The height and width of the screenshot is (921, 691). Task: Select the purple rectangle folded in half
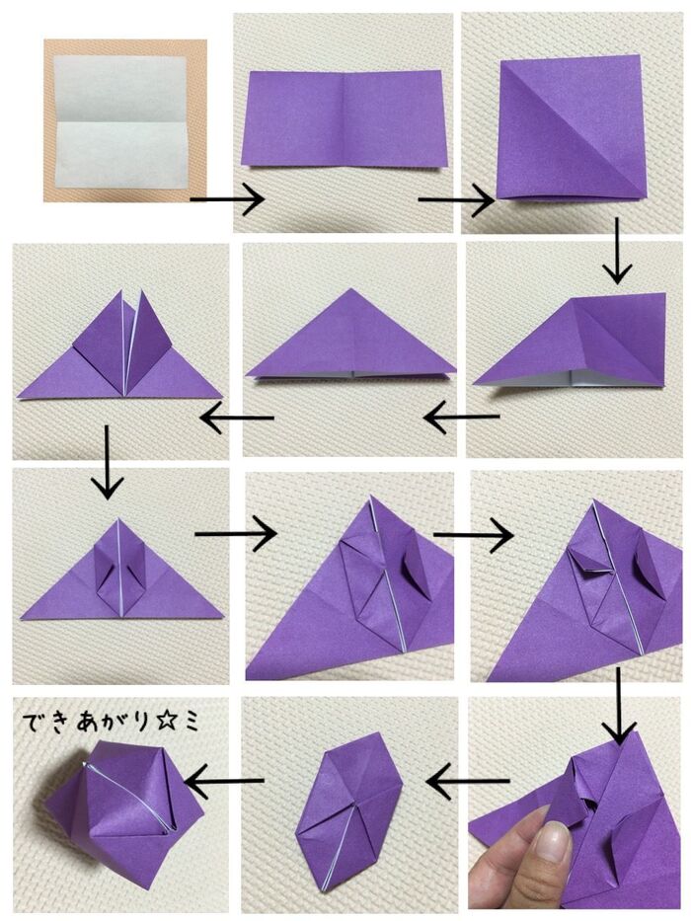[x=344, y=118]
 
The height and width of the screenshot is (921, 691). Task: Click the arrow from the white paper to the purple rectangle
[x=226, y=200]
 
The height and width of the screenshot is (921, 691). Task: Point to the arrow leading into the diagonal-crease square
[x=455, y=201]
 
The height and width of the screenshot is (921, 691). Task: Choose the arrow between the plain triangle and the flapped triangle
[x=237, y=419]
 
